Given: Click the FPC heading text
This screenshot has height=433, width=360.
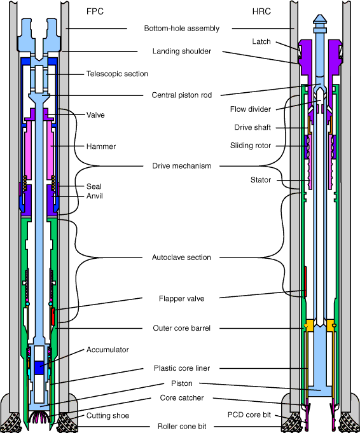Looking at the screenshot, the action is pyautogui.click(x=95, y=11).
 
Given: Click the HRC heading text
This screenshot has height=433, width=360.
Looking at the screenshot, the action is pyautogui.click(x=261, y=11).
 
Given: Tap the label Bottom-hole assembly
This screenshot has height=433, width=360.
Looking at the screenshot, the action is pyautogui.click(x=181, y=29).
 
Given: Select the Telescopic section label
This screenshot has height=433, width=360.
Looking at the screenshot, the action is pyautogui.click(x=117, y=74).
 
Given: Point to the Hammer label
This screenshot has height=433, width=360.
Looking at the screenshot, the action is pyautogui.click(x=101, y=146).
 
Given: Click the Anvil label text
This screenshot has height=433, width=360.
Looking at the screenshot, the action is pyautogui.click(x=95, y=196).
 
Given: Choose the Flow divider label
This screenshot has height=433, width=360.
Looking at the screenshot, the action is pyautogui.click(x=251, y=109).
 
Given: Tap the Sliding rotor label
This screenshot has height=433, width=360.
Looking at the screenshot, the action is pyautogui.click(x=251, y=146).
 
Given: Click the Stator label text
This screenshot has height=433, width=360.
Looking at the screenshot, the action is pyautogui.click(x=261, y=180).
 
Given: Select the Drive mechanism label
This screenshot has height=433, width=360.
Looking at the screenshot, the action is pyautogui.click(x=181, y=166).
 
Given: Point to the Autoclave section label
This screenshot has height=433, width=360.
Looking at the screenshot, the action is pyautogui.click(x=181, y=258).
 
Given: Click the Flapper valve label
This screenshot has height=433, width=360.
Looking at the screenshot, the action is pyautogui.click(x=181, y=299).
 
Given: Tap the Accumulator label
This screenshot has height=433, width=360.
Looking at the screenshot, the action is pyautogui.click(x=107, y=350).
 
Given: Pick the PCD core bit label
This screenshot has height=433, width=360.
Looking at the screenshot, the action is pyautogui.click(x=249, y=415).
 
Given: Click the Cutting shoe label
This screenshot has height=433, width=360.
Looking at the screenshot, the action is pyautogui.click(x=107, y=416).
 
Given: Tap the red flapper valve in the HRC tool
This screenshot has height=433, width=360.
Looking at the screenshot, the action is pyautogui.click(x=305, y=282).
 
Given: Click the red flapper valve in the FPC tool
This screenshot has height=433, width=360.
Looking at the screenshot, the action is pyautogui.click(x=53, y=317).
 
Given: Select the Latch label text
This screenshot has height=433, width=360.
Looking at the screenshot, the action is pyautogui.click(x=261, y=42).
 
